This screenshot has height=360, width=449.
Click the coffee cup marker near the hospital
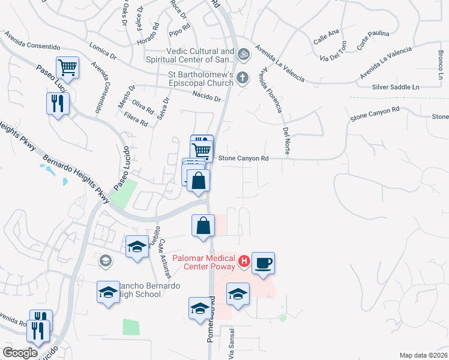coord(263,263)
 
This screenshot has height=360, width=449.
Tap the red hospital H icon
coord(244,260)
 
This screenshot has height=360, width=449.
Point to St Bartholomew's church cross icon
coord(243,77)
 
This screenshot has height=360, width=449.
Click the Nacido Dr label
coord(207,95)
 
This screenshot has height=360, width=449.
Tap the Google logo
coord(20,352)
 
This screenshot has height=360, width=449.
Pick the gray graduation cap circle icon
coord(106,260)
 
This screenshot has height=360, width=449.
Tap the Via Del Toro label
coord(334,52)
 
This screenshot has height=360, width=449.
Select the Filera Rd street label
coord(136,117)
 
